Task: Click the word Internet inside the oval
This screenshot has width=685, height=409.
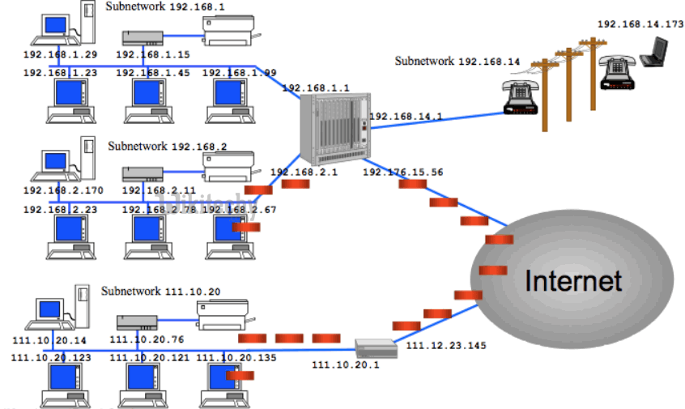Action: (573, 281)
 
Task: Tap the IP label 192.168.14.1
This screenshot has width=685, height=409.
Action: (406, 117)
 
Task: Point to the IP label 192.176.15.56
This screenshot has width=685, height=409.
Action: (403, 173)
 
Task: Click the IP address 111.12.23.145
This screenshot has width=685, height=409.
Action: (445, 346)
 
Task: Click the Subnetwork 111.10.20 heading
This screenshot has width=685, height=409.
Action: (160, 291)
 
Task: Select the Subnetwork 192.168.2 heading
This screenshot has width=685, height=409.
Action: (168, 147)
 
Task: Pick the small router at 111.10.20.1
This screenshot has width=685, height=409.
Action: (376, 349)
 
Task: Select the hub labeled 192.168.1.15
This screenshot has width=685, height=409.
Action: (143, 37)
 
